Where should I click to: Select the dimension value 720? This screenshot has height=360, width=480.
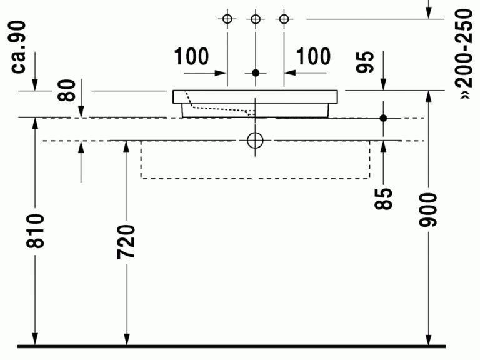[126, 241]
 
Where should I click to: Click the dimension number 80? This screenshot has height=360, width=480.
[69, 91]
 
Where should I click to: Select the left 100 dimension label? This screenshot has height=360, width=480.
[192, 57]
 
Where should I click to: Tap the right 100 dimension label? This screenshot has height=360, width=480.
[313, 57]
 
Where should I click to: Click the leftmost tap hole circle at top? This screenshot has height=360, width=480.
[227, 19]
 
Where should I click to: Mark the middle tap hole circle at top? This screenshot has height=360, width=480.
[255, 19]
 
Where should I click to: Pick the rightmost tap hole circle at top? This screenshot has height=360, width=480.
[284, 19]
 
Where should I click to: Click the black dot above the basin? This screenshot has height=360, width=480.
[255, 73]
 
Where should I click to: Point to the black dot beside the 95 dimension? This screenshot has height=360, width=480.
[384, 117]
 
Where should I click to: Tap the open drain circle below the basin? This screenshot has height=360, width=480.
[255, 141]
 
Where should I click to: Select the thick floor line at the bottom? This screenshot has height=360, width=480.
[231, 346]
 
